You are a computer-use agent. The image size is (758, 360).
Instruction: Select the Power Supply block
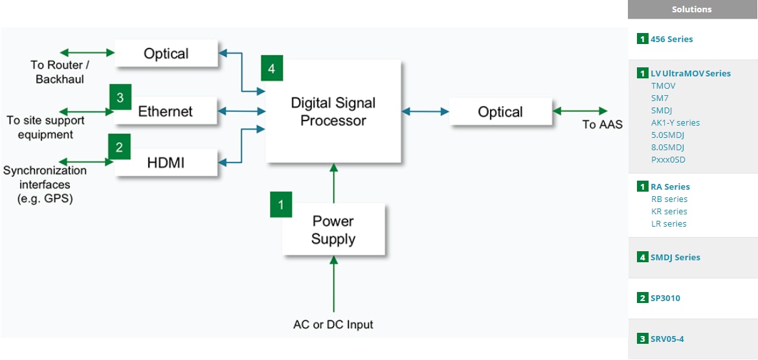tap(333, 231)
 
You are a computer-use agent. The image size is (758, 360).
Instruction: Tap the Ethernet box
tap(165, 111)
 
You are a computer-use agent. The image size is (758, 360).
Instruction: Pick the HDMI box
tap(166, 163)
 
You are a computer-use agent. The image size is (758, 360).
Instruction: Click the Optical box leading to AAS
tap(500, 112)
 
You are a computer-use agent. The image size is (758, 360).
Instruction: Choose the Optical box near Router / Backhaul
tap(166, 54)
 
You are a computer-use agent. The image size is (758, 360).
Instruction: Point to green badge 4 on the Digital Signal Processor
tap(272, 69)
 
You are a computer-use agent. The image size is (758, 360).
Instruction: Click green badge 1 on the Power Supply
tap(281, 205)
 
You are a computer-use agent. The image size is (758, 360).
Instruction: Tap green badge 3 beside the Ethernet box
tap(120, 97)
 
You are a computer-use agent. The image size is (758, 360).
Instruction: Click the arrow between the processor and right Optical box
tap(425, 112)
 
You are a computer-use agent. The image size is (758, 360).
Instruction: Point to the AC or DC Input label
tap(333, 324)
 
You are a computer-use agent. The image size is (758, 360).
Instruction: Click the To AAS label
tap(602, 124)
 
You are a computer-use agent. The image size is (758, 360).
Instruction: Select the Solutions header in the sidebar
tap(691, 9)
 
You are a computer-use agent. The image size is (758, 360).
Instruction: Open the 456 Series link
tap(671, 39)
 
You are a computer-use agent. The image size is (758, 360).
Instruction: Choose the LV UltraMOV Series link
tap(691, 73)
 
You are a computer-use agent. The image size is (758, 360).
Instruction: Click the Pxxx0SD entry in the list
tap(668, 159)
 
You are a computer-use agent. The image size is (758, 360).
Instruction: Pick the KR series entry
tap(669, 211)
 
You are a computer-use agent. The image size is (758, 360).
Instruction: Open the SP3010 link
tap(665, 298)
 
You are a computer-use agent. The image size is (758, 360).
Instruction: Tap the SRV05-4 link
tap(667, 339)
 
